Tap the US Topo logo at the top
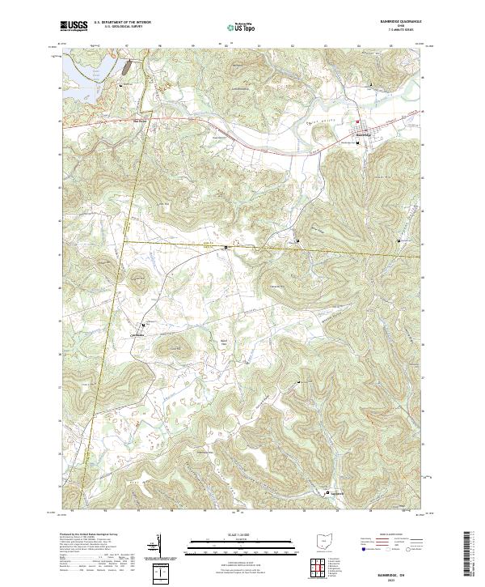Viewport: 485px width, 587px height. point(242,27)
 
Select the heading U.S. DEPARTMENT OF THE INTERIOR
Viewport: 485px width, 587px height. point(122,23)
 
